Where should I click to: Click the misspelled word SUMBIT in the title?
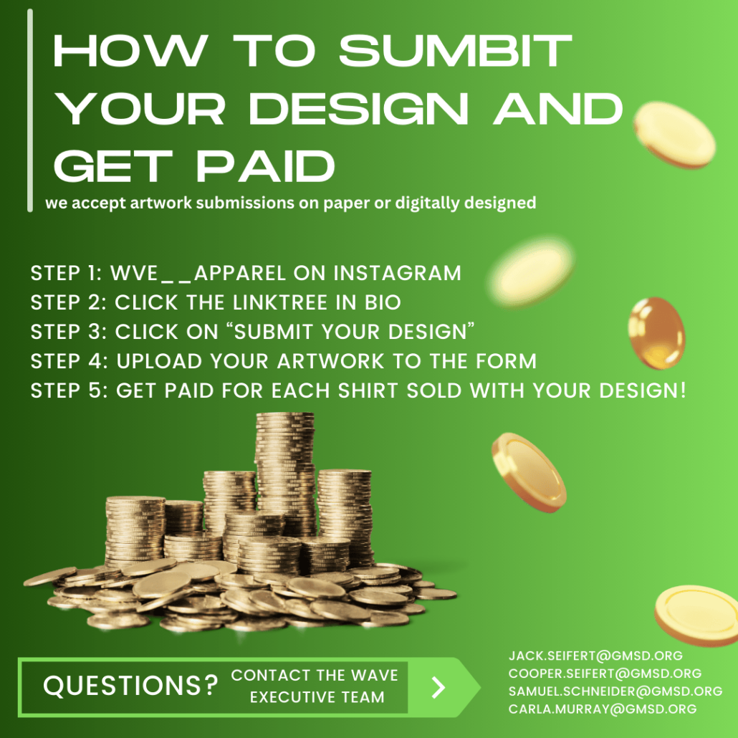coord(455,50)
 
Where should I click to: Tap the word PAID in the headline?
coord(265,166)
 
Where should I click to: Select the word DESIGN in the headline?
coord(359,109)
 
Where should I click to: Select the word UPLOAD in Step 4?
coord(159,361)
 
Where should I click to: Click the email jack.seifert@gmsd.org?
coord(595,656)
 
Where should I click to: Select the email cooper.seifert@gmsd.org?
coord(605,674)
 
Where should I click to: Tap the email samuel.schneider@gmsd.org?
coord(615,691)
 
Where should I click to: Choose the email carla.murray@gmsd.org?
coord(603,709)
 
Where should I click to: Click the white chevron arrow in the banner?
coord(439,687)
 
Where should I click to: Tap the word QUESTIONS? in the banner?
coord(131,685)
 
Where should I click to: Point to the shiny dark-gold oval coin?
coord(656,332)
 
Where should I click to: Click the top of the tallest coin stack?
coord(284,416)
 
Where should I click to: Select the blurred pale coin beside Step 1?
coord(532,272)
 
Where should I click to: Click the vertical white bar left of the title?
coord(30,110)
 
